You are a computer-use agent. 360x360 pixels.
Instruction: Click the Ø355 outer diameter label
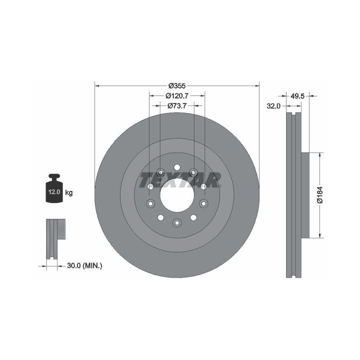point(177,86)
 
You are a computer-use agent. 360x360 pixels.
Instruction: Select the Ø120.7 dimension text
point(177,95)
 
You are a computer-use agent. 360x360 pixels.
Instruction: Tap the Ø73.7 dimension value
point(177,105)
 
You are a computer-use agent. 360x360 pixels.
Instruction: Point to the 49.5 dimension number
point(297,96)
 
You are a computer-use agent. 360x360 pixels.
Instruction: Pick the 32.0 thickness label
point(273,106)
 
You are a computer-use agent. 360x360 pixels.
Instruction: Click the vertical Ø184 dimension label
point(320,195)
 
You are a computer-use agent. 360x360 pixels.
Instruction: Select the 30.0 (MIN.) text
point(84,266)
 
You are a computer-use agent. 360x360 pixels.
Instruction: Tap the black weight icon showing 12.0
point(54,188)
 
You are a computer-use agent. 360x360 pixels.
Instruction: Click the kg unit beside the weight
point(69,192)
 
